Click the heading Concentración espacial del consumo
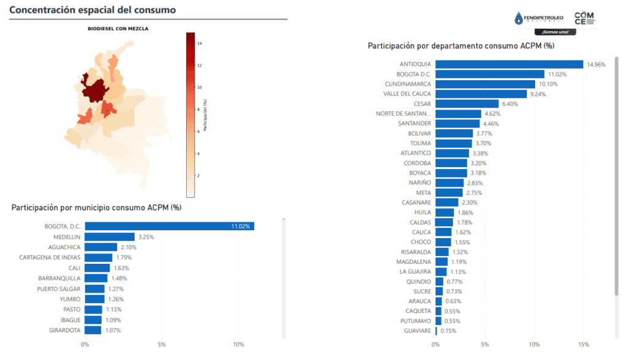[x=92, y=10]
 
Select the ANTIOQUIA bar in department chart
[x=509, y=64]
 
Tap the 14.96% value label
[x=596, y=64]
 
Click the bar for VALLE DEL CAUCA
[x=481, y=94]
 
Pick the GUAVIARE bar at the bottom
[x=436, y=331]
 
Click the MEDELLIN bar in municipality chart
[x=110, y=237]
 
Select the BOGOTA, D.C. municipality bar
[x=169, y=227]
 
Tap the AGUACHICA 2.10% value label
[x=128, y=247]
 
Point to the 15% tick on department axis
[x=584, y=344]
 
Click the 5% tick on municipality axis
[x=162, y=344]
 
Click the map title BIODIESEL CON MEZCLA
[x=119, y=28]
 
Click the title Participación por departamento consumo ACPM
[x=460, y=46]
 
